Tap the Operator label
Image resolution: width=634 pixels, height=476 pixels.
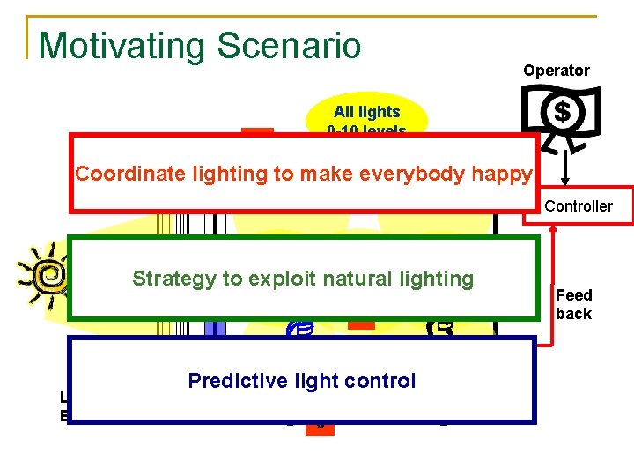[557, 71]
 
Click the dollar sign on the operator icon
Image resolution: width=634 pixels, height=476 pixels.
[562, 112]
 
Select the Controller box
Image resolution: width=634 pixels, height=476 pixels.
[579, 206]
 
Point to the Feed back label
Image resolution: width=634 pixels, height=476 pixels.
[573, 304]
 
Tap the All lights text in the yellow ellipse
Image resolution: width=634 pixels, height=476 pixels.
[366, 112]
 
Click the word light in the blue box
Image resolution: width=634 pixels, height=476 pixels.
[321, 381]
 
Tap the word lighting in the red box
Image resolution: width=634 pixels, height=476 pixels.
[232, 174]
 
